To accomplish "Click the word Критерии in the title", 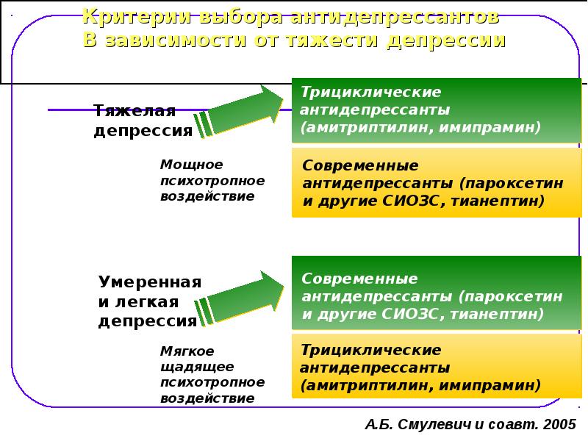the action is pyautogui.click(x=137, y=16).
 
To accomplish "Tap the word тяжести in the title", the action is pyautogui.click(x=333, y=40).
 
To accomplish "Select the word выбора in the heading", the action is pyautogui.click(x=240, y=16).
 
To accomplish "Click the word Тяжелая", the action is pyautogui.click(x=135, y=111).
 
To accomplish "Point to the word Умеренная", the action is pyautogui.click(x=150, y=282).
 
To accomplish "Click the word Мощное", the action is pyautogui.click(x=192, y=164).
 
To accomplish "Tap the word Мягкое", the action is pyautogui.click(x=187, y=351).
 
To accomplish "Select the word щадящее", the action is pyautogui.click(x=197, y=367).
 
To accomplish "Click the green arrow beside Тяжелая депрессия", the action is pyautogui.click(x=240, y=112).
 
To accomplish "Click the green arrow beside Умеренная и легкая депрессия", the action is pyautogui.click(x=240, y=298).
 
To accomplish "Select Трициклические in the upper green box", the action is pyautogui.click(x=371, y=92).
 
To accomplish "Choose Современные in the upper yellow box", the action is pyautogui.click(x=360, y=165).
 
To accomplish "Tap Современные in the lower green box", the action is pyautogui.click(x=359, y=279).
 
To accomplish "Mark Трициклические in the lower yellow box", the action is pyautogui.click(x=371, y=350).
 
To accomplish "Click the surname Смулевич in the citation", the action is pyautogui.click(x=434, y=425).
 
